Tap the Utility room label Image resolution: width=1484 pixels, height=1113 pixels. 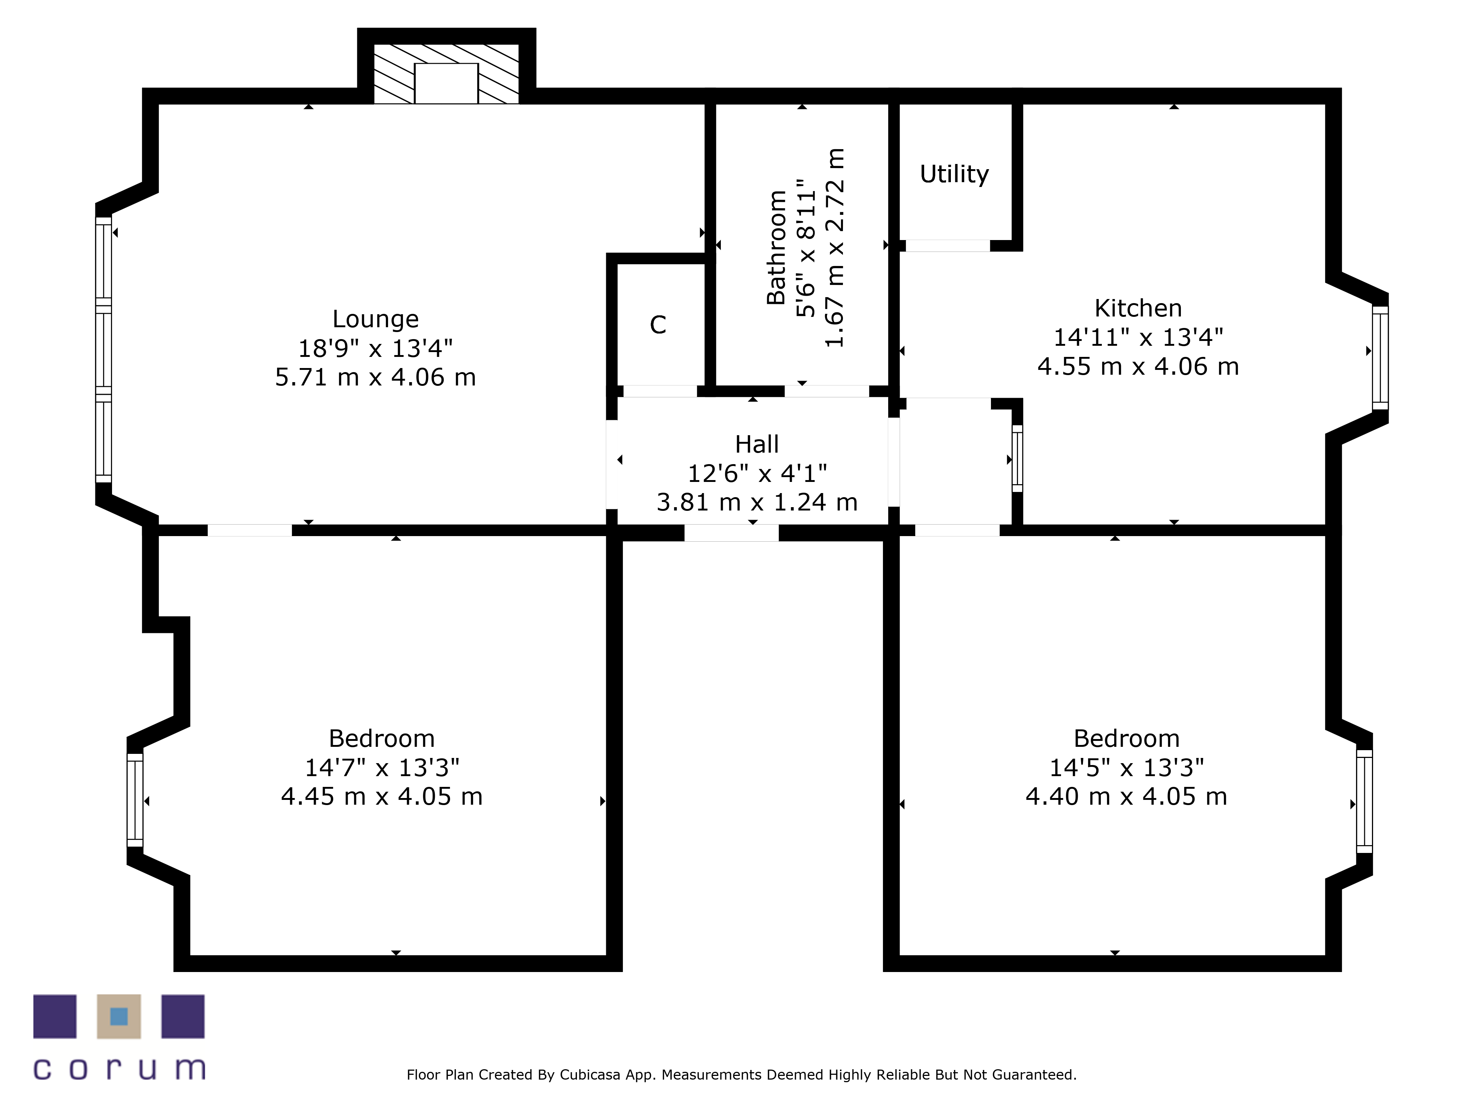(954, 174)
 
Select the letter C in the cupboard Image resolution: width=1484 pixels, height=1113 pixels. (658, 325)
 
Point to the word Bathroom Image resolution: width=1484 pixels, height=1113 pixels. (776, 247)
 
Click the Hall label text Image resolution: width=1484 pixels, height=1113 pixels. (757, 444)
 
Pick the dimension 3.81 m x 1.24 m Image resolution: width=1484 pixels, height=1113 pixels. (757, 502)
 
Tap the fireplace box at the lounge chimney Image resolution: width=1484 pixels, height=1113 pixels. (446, 83)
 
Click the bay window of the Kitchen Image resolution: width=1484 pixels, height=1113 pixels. (1380, 358)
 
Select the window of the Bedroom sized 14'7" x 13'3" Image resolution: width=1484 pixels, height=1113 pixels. (135, 800)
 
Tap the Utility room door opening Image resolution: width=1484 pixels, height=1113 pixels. (947, 246)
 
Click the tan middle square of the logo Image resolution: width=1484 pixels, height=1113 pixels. (119, 1017)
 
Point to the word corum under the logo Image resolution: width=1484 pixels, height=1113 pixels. (119, 1069)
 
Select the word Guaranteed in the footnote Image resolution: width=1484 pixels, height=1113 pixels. (1034, 1075)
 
